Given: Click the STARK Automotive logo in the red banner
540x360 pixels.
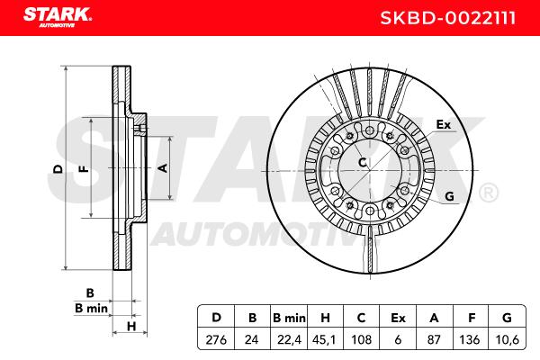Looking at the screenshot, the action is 58,17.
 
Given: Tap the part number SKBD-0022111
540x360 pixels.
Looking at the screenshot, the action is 448,18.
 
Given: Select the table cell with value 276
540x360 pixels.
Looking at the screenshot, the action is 216,340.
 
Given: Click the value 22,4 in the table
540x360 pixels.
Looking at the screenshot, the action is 289,340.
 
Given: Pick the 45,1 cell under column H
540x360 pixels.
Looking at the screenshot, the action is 324,340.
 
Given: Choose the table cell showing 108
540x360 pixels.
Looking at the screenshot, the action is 361,340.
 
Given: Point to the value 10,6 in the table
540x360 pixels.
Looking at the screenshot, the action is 507,340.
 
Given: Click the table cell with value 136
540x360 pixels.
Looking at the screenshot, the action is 470,340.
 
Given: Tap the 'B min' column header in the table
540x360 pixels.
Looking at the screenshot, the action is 289,318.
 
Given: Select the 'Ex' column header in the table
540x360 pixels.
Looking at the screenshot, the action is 398,318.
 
